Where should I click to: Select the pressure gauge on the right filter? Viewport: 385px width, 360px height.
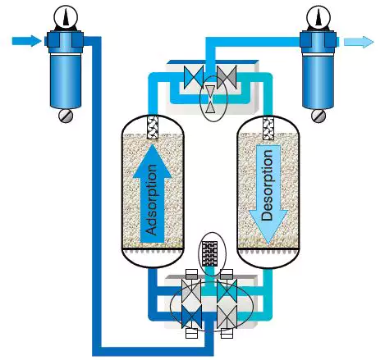[x=318, y=15]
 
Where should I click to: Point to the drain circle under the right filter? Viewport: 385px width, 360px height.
[x=318, y=116]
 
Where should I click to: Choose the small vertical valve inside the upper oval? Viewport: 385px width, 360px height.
[x=210, y=100]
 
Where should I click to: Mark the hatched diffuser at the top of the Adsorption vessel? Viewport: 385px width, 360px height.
[x=152, y=130]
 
